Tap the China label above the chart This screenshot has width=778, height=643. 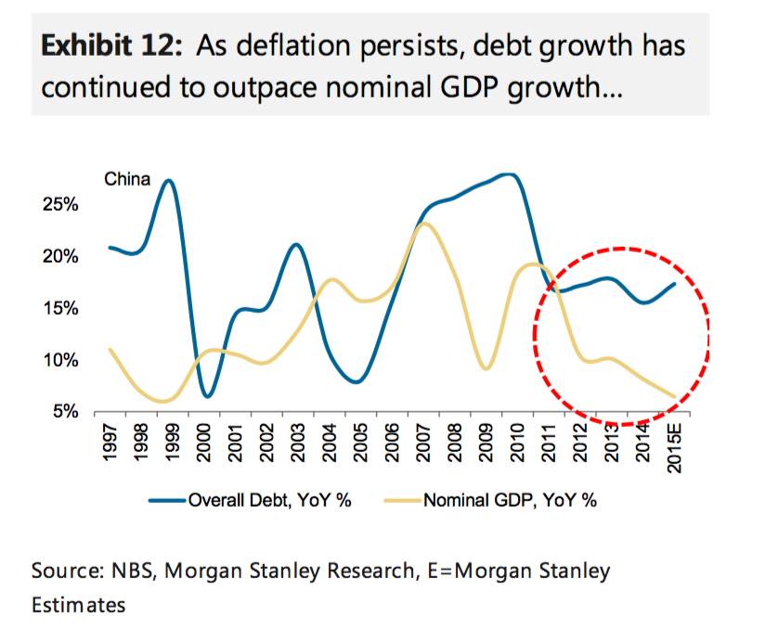point(126,180)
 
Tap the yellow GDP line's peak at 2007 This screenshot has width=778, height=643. point(423,223)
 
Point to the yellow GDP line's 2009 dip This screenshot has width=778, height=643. point(486,368)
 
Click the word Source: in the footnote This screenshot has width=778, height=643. point(63,572)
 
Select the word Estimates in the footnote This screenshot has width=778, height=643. point(78,605)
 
